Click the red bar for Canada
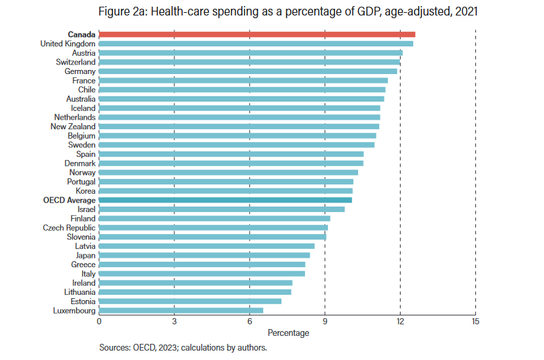257,34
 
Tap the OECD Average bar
225,200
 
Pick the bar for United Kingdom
256,44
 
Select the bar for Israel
222,209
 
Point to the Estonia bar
190,301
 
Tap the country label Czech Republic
69,227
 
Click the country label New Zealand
73,127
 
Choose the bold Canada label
81,34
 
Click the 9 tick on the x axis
325,322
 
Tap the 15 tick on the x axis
475,322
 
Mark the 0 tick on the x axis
99,322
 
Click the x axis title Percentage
288,333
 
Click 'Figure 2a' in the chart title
122,11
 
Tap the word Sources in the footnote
114,348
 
